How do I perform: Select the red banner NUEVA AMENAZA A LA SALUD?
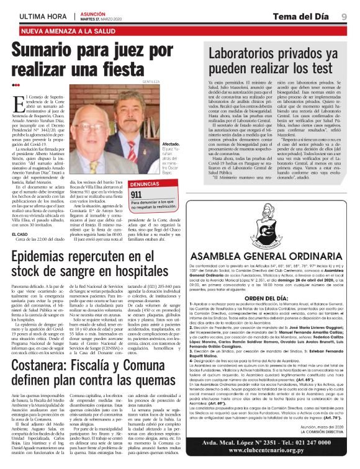pos(68,30)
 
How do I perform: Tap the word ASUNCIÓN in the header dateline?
pos(94,12)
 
